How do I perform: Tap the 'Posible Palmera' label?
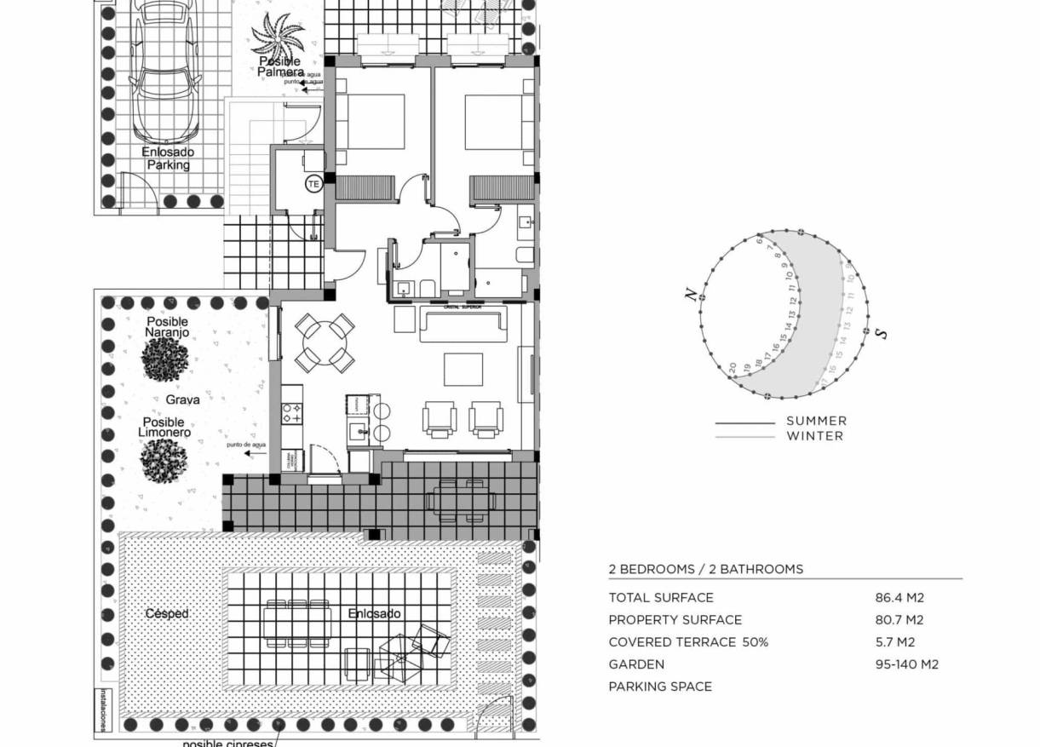tap(280, 67)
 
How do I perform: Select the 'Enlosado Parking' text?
tap(168, 158)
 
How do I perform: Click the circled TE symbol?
tap(313, 183)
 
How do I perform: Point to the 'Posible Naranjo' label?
tap(166, 327)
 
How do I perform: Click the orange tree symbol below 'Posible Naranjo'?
tap(165, 359)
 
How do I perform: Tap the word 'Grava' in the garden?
tap(183, 399)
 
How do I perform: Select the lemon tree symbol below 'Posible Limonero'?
tap(163, 460)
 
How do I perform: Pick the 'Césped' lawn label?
tap(166, 613)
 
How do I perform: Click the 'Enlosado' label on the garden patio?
tap(374, 613)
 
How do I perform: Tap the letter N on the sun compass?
tap(692, 295)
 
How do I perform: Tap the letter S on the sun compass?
tap(882, 332)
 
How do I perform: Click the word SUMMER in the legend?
tap(816, 421)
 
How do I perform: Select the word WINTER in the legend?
tap(814, 436)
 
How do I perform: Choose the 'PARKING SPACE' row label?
tap(660, 687)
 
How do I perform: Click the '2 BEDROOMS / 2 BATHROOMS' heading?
tap(705, 569)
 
